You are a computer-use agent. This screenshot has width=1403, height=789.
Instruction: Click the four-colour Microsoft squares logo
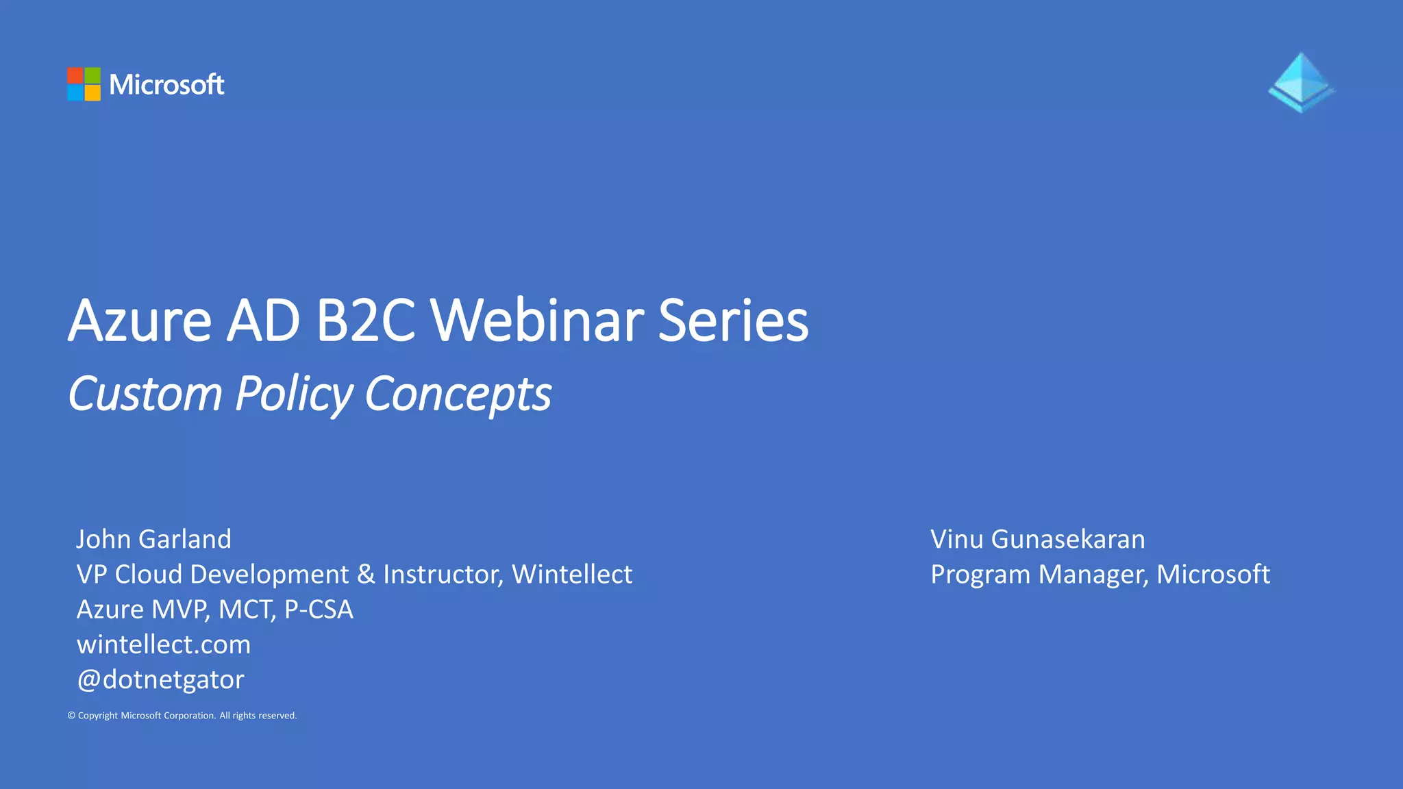coord(84,84)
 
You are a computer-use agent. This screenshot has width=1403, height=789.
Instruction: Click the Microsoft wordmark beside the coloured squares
coord(166,85)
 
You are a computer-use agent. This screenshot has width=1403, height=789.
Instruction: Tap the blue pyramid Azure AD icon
coord(1301,83)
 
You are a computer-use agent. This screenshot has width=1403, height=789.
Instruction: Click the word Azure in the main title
coord(140,321)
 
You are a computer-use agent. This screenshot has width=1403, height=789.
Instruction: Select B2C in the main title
coord(365,321)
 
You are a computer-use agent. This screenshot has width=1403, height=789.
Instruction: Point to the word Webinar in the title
coord(536,321)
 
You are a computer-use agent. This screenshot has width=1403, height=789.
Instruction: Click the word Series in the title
coord(733,321)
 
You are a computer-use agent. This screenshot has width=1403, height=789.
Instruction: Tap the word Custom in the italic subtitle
coord(145,394)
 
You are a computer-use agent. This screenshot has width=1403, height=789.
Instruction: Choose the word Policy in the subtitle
coord(293,394)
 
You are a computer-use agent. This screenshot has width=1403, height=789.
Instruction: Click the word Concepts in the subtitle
coord(458,394)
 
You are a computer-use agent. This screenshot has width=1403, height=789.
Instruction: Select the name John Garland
coord(153,539)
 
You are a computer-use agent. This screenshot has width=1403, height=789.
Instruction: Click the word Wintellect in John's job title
coord(572,574)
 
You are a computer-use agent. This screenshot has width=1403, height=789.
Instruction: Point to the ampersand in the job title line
coord(366,574)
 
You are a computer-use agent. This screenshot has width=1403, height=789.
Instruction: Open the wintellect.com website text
coord(164,644)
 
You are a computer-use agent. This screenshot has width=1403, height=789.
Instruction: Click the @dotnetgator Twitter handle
coord(160,679)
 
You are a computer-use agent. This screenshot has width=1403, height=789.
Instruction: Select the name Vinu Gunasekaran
coord(1037,539)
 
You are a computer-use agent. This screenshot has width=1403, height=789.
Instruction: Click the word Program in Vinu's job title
coord(980,575)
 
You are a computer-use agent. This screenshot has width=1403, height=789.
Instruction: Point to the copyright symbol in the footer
coord(71,716)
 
